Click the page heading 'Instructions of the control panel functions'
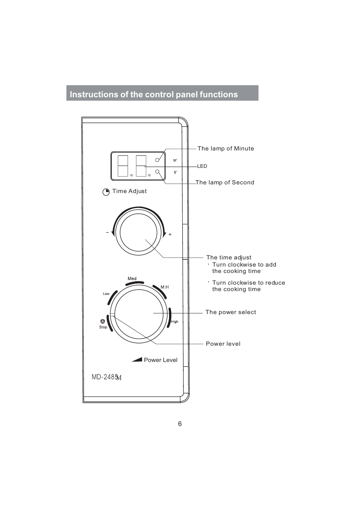[x=154, y=94]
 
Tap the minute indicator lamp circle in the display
[x=158, y=160]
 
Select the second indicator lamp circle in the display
[x=158, y=172]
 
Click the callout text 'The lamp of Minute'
[x=226, y=149]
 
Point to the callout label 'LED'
[x=202, y=166]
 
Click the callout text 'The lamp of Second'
[x=225, y=182]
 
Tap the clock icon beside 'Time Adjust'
[x=106, y=192]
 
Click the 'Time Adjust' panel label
[x=129, y=191]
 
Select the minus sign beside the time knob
[x=108, y=233]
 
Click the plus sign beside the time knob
[x=170, y=235]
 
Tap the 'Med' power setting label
[x=132, y=279]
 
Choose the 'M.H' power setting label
[x=165, y=287]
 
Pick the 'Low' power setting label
[x=106, y=294]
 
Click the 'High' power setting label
[x=175, y=322]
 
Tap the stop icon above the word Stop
[x=103, y=322]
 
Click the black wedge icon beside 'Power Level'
[x=137, y=360]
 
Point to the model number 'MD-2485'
[x=105, y=377]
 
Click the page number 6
[x=180, y=424]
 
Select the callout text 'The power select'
[x=231, y=312]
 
